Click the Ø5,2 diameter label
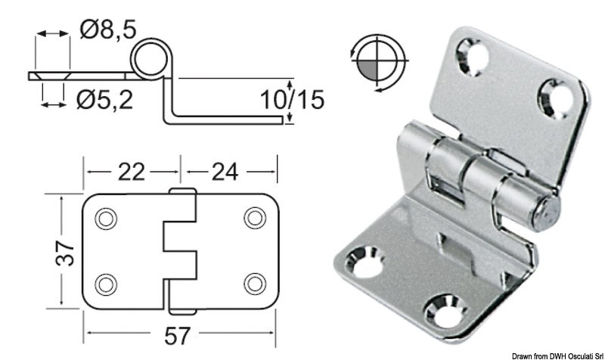[105, 98]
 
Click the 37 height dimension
[67, 250]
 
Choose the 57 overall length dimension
[179, 332]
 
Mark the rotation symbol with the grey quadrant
[376, 58]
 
